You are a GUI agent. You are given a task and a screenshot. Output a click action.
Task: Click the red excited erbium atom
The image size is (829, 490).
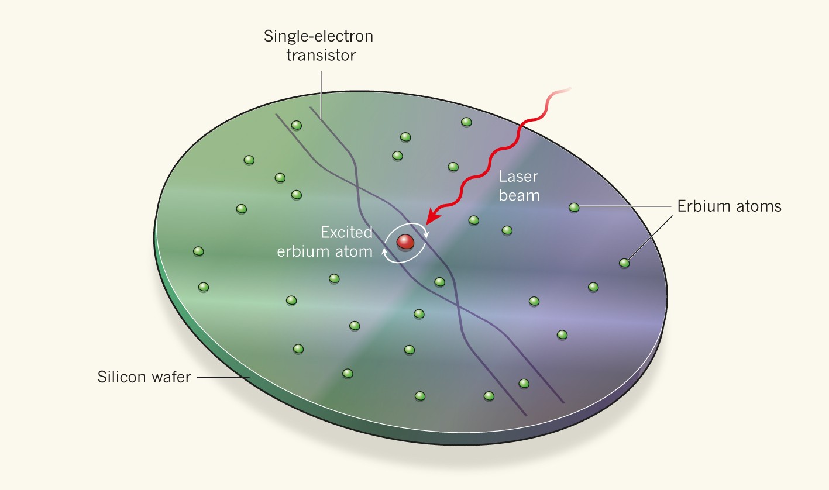[x=404, y=241]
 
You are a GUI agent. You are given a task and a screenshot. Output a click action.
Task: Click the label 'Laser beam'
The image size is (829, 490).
[x=519, y=185]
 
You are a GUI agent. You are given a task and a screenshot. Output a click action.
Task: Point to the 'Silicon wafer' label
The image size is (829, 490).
[x=145, y=377]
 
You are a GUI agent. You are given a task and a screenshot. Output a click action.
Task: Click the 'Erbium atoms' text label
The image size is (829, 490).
[x=729, y=206]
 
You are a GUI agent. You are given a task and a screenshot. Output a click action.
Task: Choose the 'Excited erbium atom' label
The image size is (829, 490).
[x=346, y=242]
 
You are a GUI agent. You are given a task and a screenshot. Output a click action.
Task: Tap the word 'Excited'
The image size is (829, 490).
[x=346, y=232]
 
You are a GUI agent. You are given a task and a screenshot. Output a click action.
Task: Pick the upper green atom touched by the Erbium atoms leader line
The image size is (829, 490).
[x=574, y=207]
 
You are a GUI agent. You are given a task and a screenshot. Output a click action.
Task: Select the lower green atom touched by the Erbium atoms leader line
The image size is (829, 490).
[x=624, y=263]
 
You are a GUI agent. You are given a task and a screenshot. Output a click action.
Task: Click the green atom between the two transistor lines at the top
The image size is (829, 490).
[x=297, y=125]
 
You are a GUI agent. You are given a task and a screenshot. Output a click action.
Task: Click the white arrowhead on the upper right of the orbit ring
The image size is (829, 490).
[x=425, y=234]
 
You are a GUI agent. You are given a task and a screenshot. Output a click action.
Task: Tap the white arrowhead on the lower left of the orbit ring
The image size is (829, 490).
[x=385, y=250]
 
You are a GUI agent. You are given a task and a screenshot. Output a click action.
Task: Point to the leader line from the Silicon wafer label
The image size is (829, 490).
[x=222, y=377]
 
